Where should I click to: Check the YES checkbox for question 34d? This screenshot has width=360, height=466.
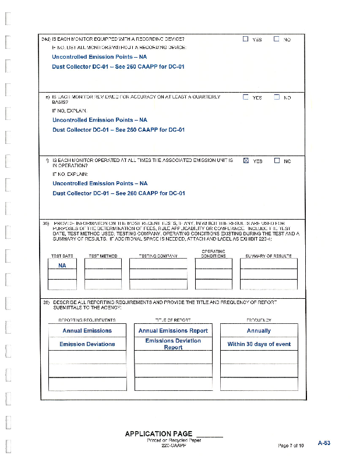click(x=245, y=40)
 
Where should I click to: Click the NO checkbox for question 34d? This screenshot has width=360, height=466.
click(x=277, y=40)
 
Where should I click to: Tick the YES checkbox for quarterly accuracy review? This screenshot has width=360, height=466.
click(x=245, y=97)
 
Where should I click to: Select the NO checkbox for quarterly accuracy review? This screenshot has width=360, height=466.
click(x=277, y=97)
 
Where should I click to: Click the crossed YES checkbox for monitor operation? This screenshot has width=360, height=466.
click(x=245, y=160)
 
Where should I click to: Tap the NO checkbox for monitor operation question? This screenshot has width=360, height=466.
click(x=277, y=160)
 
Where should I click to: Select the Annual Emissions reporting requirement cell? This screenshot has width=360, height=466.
click(x=87, y=330)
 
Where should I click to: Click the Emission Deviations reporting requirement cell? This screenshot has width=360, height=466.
click(x=87, y=344)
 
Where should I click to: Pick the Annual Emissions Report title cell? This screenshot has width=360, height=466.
click(x=173, y=330)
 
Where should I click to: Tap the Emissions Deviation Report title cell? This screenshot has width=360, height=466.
click(x=173, y=344)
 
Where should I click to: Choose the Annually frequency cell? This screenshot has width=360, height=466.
click(x=259, y=330)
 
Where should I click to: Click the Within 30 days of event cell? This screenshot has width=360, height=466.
click(x=259, y=344)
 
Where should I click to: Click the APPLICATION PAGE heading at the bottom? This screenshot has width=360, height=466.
click(x=158, y=434)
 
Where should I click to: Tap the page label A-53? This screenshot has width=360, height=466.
click(x=324, y=443)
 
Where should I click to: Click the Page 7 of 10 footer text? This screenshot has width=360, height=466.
click(x=291, y=446)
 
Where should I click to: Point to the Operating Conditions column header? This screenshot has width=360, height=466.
click(x=213, y=254)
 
